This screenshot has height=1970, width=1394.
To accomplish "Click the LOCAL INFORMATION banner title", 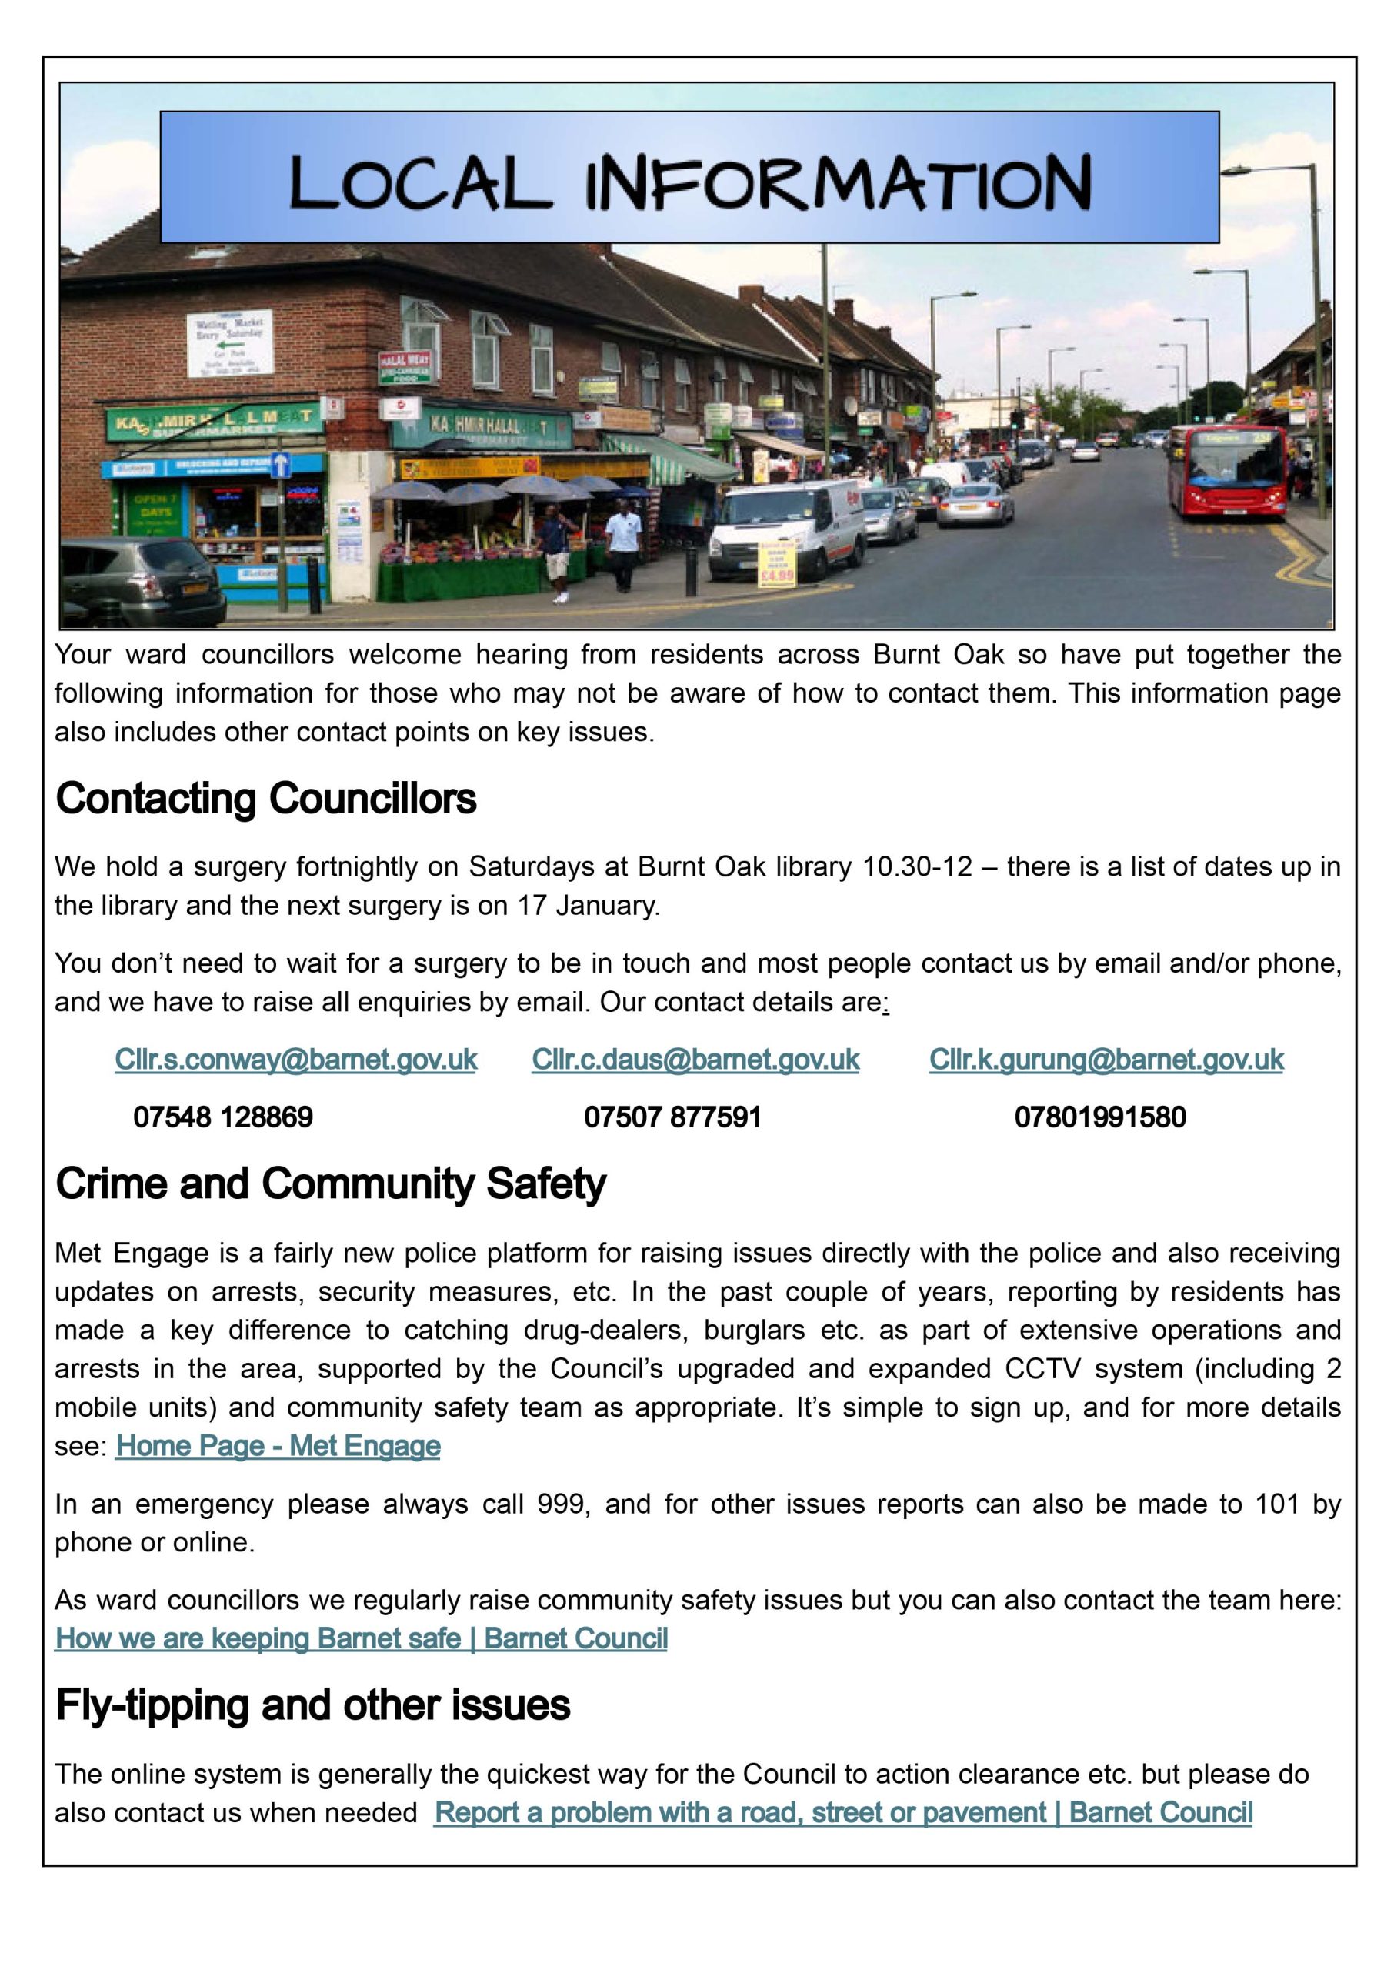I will pyautogui.click(x=689, y=181).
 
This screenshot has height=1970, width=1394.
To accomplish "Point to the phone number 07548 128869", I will pyautogui.click(x=223, y=1117).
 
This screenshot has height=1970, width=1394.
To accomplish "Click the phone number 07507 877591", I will pyautogui.click(x=672, y=1117).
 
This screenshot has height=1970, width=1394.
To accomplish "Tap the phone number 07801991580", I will pyautogui.click(x=1099, y=1117).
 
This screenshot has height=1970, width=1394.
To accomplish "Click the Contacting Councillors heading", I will pyautogui.click(x=266, y=800).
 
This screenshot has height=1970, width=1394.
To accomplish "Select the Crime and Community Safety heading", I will pyautogui.click(x=331, y=1184).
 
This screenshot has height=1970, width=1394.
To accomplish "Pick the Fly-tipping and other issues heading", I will pyautogui.click(x=312, y=1705).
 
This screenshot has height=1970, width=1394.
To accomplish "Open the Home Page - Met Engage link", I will pyautogui.click(x=278, y=1447).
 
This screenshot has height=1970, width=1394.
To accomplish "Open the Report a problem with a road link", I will pyautogui.click(x=842, y=1813).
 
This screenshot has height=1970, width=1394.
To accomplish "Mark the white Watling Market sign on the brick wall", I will pyautogui.click(x=230, y=341).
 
